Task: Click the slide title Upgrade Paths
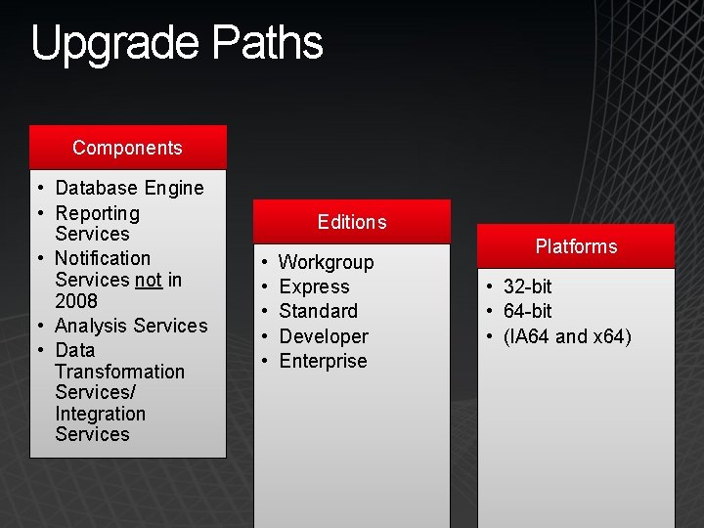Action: coord(176,44)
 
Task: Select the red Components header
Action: coord(127,148)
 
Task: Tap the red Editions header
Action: coord(352,222)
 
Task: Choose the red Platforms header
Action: coord(576,246)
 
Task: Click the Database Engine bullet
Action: coord(129,188)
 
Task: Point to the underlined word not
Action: coord(149,280)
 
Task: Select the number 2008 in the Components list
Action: coord(76,301)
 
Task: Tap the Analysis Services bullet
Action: coord(131,326)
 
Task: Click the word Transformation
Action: coord(119,372)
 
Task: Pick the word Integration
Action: coord(100,414)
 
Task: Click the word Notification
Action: coord(103,258)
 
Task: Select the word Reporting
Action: coord(98,213)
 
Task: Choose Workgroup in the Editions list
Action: coord(326,262)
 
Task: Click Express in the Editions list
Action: coord(314,286)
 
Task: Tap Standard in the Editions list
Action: coord(318,311)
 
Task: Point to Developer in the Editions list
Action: coord(324,336)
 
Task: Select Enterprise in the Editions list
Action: coord(323,361)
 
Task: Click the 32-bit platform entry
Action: coord(527,286)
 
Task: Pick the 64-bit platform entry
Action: coord(527,311)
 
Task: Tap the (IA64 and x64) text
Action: coord(567,336)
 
